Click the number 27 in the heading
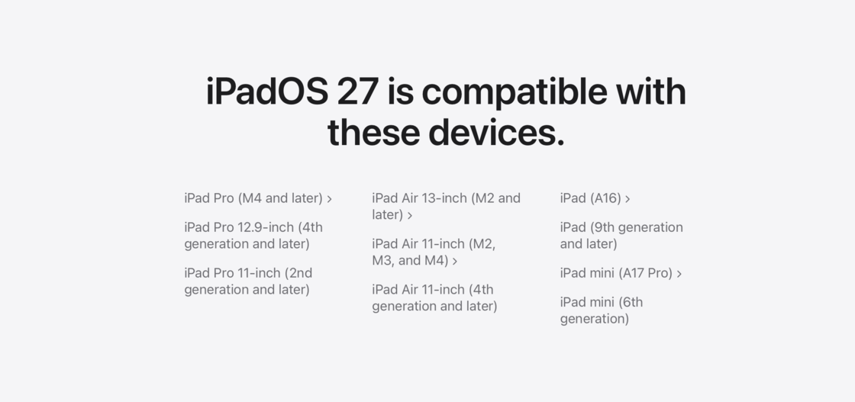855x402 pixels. click(358, 92)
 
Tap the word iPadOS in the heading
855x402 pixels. click(267, 92)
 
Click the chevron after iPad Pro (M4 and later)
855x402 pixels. click(329, 199)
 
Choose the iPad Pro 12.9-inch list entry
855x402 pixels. click(253, 235)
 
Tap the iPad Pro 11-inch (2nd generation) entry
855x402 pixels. click(248, 281)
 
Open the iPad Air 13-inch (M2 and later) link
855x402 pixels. click(446, 207)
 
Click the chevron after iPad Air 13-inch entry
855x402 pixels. click(410, 216)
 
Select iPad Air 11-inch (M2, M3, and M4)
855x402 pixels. click(434, 252)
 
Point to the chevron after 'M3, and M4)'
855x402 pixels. click(455, 262)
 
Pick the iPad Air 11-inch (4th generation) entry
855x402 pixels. click(434, 297)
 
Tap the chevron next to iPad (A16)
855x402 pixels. click(628, 199)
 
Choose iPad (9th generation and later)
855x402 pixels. click(621, 235)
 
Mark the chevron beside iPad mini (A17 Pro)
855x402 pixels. click(679, 274)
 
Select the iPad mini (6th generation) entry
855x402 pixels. click(602, 310)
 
